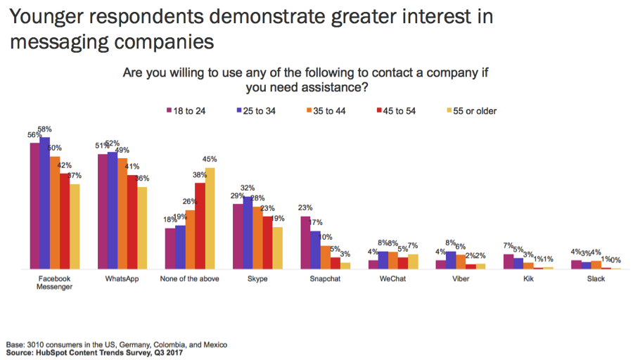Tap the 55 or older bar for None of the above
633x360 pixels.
[x=210, y=219]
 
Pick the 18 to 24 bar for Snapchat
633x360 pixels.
[x=305, y=243]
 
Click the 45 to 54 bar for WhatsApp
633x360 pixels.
[x=132, y=222]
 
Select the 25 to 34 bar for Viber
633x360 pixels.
[x=451, y=260]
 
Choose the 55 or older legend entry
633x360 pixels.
[x=472, y=110]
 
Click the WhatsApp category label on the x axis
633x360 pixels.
[x=122, y=278]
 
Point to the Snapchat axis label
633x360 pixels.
[x=326, y=278]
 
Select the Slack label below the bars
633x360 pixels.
[x=596, y=278]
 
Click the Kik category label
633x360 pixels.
[x=528, y=278]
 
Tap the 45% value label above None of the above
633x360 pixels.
[x=210, y=160]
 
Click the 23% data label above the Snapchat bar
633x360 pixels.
[x=305, y=207]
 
